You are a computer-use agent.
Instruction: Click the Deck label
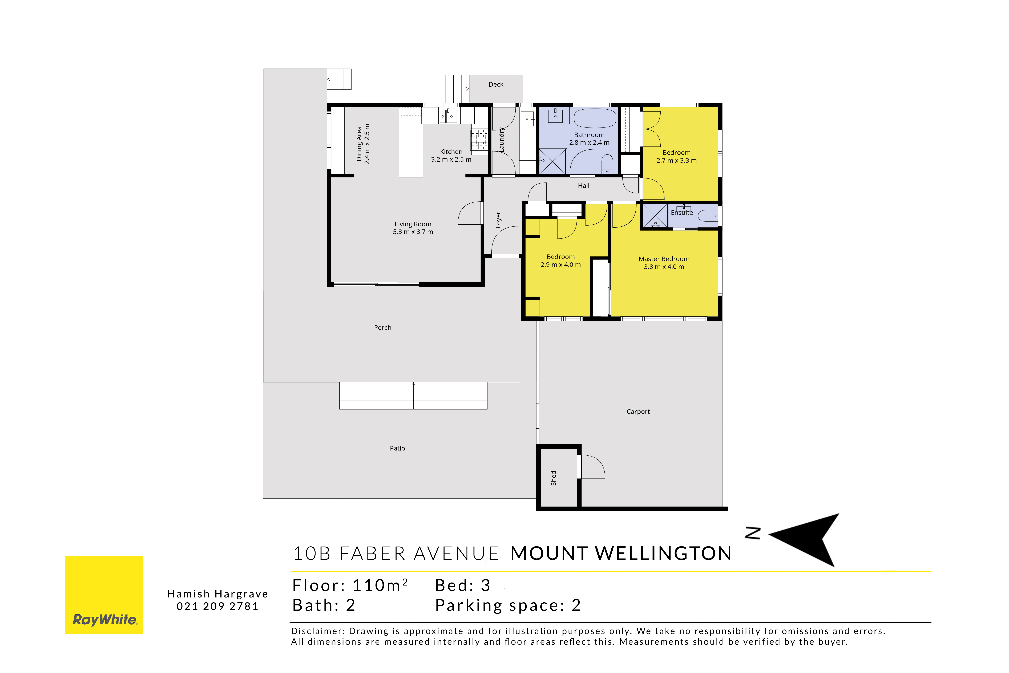point(496,85)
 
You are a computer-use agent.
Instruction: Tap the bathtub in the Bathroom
point(595,118)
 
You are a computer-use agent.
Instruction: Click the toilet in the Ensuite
point(708,216)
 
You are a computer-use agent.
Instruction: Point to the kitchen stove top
point(479,140)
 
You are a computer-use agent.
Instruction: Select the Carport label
point(638,412)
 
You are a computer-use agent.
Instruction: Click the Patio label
point(397,448)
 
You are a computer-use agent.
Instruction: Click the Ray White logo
point(104,595)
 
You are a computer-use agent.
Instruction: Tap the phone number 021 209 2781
point(217,607)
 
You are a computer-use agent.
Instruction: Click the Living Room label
point(413,224)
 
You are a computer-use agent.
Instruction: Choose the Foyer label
point(498,220)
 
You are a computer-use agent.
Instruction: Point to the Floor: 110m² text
point(350,586)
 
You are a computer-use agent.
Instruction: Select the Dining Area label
point(360,144)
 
